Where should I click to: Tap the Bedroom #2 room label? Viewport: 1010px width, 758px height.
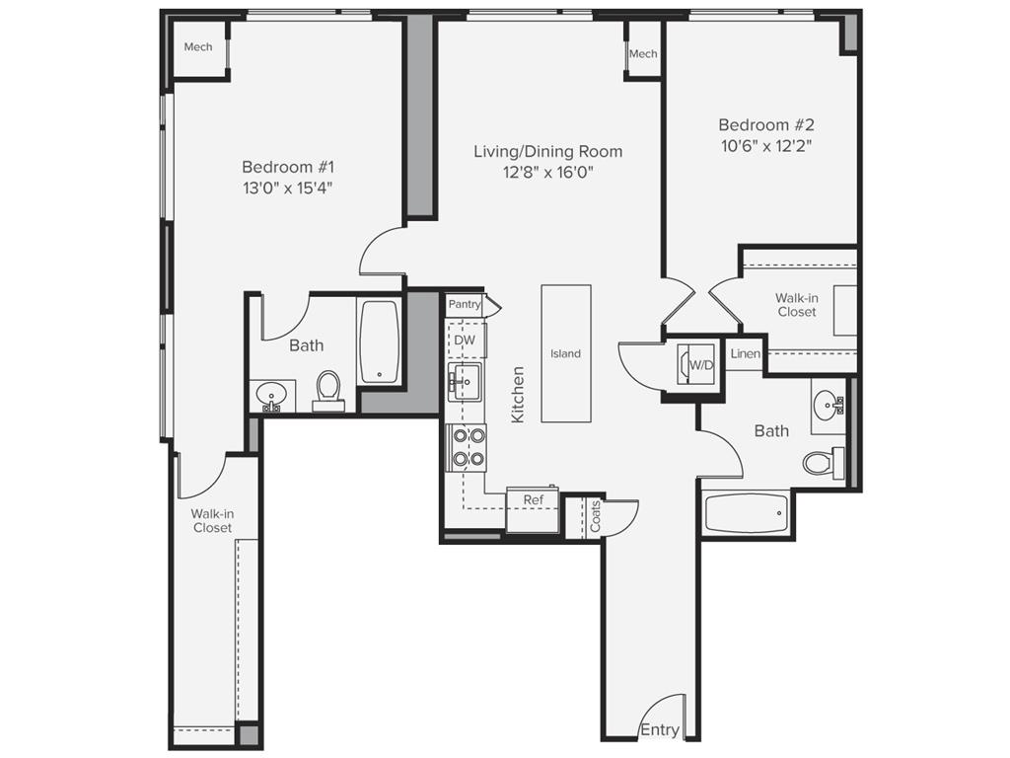[x=766, y=125]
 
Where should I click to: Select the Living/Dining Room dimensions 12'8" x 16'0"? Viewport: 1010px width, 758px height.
[x=547, y=173]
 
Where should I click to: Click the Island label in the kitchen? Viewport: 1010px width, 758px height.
[x=565, y=353]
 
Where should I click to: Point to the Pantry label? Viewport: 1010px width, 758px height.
[x=465, y=305]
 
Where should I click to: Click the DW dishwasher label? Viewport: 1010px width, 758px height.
[x=465, y=341]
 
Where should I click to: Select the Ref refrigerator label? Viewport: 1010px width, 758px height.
[x=533, y=500]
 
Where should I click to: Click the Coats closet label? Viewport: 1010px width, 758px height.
[x=595, y=516]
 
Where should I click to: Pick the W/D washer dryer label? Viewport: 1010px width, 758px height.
[x=701, y=365]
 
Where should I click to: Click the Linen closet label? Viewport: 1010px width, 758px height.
[x=745, y=353]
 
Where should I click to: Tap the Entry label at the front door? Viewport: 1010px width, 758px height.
[x=659, y=730]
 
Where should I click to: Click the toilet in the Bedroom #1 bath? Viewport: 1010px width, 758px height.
[x=328, y=390]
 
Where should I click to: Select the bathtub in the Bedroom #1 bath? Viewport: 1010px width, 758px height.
[x=379, y=341]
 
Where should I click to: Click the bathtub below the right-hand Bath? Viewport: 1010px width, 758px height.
[x=747, y=513]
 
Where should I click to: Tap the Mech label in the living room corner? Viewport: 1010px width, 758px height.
[x=643, y=53]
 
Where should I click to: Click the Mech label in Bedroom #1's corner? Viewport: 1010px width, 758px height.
[x=198, y=46]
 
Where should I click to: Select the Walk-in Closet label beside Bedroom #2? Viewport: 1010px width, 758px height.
[x=796, y=304]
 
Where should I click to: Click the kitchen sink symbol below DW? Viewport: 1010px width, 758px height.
[x=465, y=379]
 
